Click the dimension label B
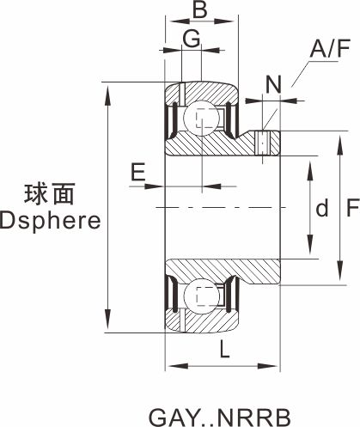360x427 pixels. point(199,9)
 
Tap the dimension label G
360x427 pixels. point(192,39)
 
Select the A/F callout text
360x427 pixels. point(330,48)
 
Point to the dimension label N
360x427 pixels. point(274,84)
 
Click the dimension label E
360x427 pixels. point(138,172)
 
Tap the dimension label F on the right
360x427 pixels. point(352,207)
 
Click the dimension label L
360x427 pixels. point(224,349)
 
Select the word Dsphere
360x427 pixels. point(51,221)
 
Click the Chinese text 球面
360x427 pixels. point(50,194)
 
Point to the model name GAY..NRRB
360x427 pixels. point(220,418)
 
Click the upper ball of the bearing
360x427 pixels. point(202,118)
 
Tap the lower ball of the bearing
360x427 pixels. point(202,296)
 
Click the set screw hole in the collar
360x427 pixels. point(263,143)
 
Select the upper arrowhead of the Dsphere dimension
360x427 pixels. point(108,95)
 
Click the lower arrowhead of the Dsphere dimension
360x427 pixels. point(108,320)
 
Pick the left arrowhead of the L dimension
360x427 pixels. point(178,366)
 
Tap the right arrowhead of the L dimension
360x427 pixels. point(268,366)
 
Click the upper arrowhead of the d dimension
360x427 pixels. point(310,169)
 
